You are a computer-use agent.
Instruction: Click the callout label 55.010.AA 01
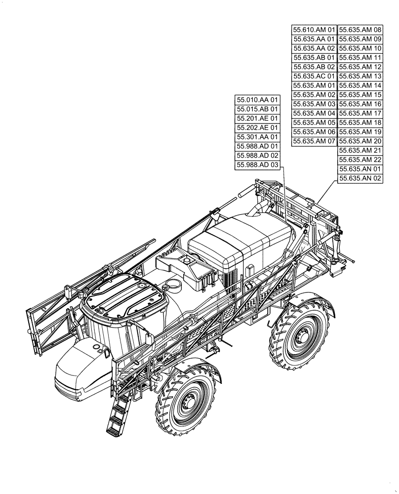(257, 100)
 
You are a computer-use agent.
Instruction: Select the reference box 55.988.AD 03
(257, 165)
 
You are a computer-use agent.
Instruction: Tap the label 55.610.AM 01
(314, 30)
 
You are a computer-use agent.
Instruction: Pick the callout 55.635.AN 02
(360, 179)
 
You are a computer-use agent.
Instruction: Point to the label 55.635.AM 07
(314, 141)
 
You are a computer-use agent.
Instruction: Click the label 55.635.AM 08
(360, 30)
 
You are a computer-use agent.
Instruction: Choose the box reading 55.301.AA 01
(257, 137)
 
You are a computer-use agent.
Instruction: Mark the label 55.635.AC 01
(314, 76)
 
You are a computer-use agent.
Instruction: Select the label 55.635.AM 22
(360, 160)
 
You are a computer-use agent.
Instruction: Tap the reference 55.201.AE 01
(257, 119)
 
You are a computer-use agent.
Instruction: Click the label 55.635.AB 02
(314, 67)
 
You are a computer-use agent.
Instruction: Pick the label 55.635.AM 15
(360, 95)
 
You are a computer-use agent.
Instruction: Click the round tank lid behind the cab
(174, 285)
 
